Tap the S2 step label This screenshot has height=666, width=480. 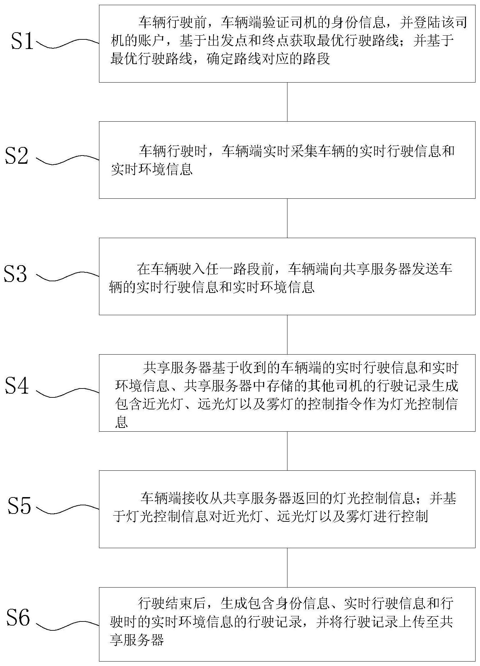[17, 156]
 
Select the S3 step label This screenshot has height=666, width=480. [15, 273]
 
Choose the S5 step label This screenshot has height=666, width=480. [20, 506]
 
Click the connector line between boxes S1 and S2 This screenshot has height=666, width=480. [287, 102]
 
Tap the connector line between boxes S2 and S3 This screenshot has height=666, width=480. [287, 218]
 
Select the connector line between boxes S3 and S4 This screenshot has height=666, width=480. [287, 335]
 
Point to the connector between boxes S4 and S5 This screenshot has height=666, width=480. [287, 451]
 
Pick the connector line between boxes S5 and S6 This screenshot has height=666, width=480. [287, 568]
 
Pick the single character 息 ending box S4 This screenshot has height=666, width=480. [122, 422]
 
